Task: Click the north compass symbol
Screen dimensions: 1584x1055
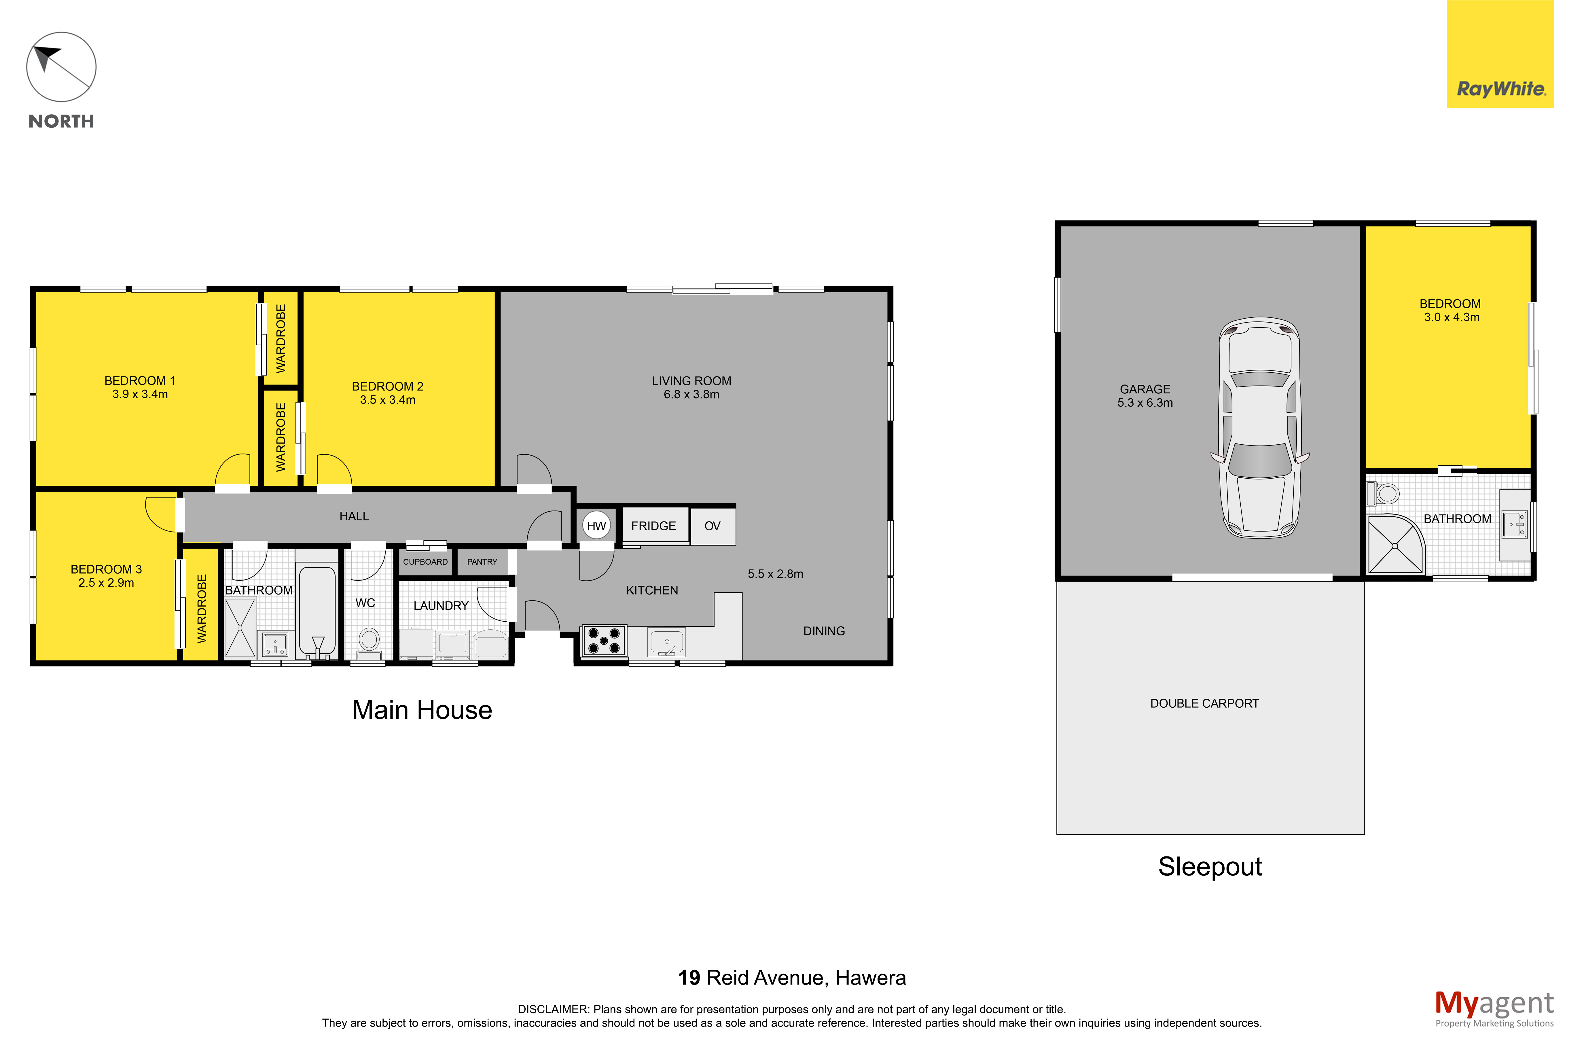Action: click(x=61, y=67)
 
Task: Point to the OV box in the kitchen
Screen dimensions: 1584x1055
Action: click(x=712, y=525)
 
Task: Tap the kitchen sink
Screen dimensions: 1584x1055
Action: click(x=666, y=643)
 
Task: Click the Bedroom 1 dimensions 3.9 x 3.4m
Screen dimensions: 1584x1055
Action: click(x=140, y=394)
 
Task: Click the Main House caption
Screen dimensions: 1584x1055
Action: click(x=422, y=710)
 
